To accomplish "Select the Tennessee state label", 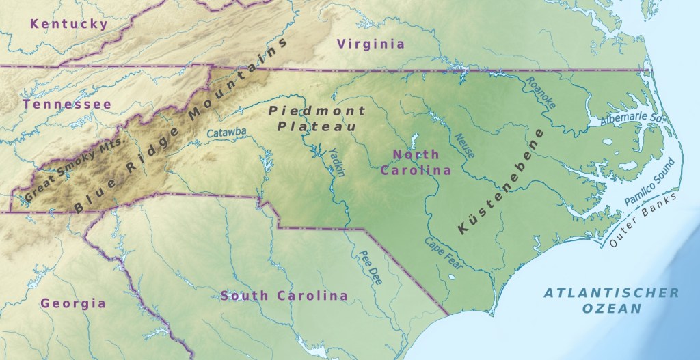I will click(x=66, y=104).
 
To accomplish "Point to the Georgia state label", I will click(x=73, y=303).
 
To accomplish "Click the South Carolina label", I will click(x=284, y=296).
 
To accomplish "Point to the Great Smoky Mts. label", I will click(x=75, y=169).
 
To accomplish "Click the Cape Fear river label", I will click(x=438, y=253).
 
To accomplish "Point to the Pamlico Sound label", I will click(x=650, y=181).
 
